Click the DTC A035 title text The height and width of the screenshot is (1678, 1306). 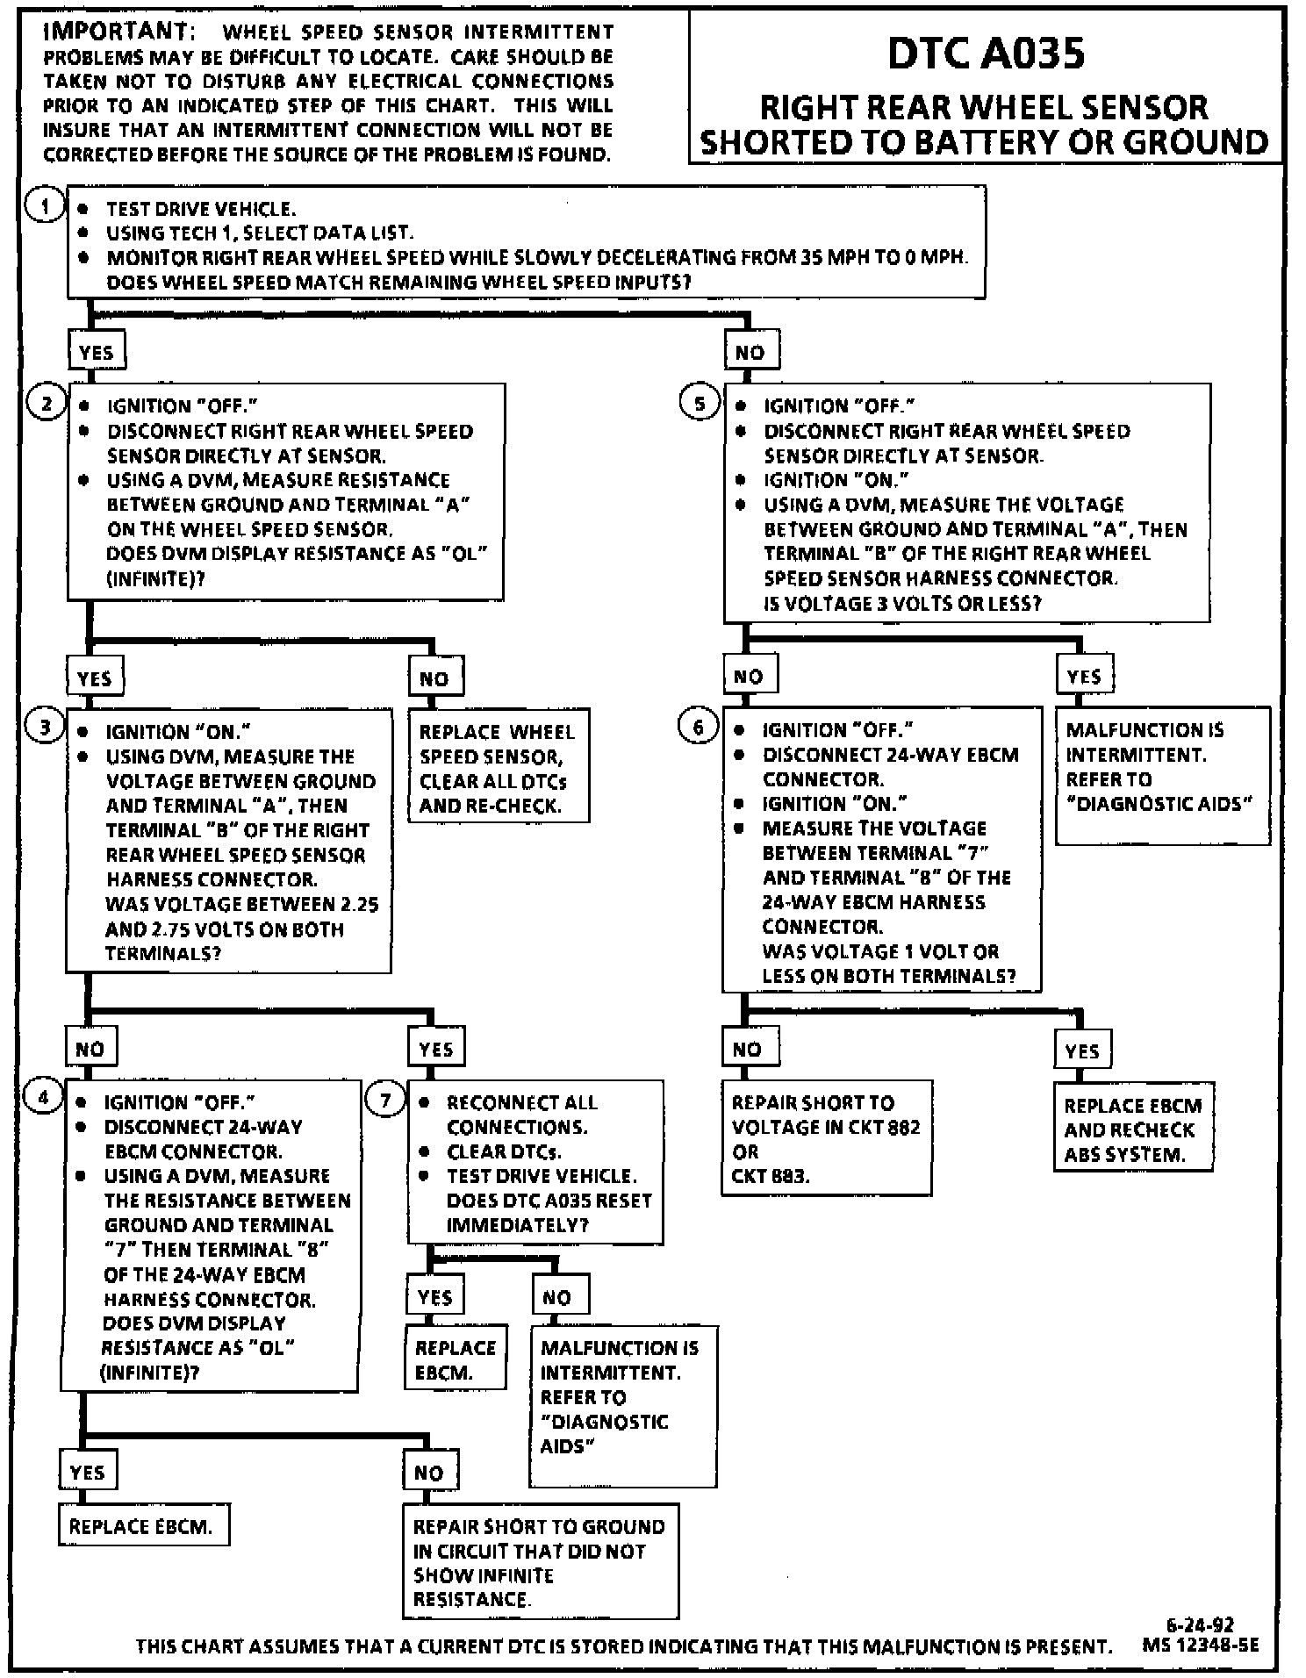point(986,53)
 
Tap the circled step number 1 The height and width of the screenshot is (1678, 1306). point(45,207)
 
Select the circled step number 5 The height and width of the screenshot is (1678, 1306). point(700,404)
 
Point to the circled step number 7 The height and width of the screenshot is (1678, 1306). point(385,1101)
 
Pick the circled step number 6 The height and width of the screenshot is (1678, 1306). point(699,728)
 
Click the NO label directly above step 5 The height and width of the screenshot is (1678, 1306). point(750,353)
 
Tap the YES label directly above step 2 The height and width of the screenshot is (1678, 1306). point(96,353)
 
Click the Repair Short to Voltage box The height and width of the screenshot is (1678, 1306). point(826,1137)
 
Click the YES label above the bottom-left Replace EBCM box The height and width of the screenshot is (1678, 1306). point(88,1472)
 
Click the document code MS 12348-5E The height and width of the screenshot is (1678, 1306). point(1200,1646)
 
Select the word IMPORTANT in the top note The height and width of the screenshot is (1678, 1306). point(114,32)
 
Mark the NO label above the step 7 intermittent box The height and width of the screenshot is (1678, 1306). point(557,1298)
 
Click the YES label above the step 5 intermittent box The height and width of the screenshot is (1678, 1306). point(1084,677)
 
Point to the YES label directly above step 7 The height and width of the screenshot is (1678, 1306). point(436,1050)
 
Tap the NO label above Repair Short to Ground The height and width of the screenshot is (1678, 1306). point(428,1473)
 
